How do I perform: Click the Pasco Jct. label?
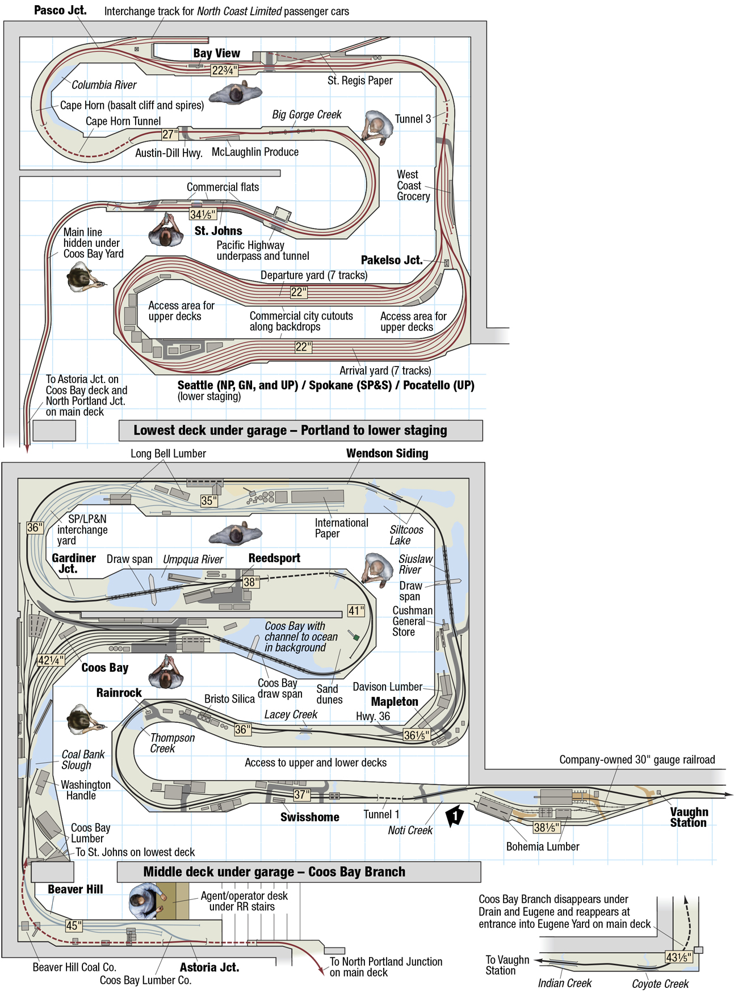tap(60, 10)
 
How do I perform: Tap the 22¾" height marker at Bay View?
tap(224, 70)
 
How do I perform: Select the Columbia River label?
tap(104, 85)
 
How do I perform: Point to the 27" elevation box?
tap(170, 134)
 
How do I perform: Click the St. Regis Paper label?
tap(360, 81)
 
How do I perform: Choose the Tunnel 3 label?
tap(413, 119)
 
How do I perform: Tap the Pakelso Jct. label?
tap(392, 260)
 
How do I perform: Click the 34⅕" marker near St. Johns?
tap(203, 214)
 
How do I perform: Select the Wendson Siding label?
tap(387, 453)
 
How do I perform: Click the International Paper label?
tap(341, 528)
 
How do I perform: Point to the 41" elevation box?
tap(356, 611)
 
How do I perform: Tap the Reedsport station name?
tap(274, 558)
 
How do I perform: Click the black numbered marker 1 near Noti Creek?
tap(455, 816)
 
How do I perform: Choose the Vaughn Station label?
tap(689, 817)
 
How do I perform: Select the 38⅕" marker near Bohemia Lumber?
tap(547, 827)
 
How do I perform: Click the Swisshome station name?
tap(309, 817)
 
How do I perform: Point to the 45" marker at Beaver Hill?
tap(74, 925)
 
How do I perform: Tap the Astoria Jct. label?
tap(209, 967)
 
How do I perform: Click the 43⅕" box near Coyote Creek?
tap(678, 957)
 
